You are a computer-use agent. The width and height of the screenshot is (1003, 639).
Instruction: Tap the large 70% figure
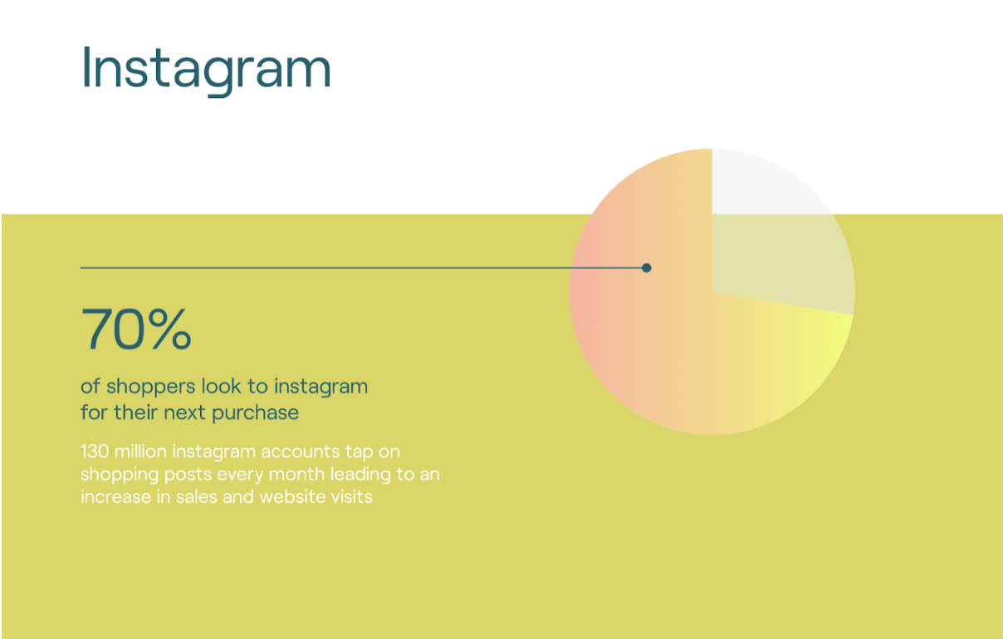click(x=136, y=329)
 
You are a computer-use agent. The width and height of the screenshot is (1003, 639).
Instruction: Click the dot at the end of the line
click(x=647, y=268)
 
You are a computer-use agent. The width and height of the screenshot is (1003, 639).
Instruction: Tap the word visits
click(x=352, y=497)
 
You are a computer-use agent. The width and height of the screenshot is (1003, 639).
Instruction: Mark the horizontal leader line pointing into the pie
click(x=332, y=268)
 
